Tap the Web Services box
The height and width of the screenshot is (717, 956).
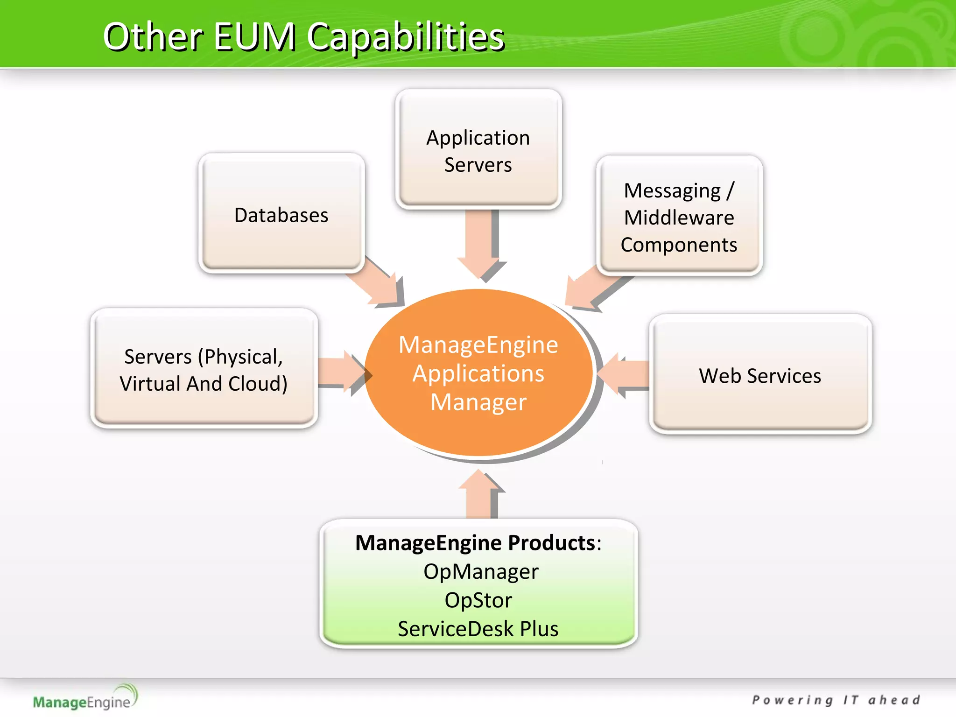tap(760, 375)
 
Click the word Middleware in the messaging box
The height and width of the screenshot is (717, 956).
tap(679, 218)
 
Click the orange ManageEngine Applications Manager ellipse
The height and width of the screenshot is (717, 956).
tap(478, 373)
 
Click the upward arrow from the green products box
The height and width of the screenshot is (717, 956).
tap(479, 495)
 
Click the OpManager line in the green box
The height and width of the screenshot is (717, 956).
tap(480, 571)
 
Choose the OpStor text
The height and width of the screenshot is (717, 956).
tap(478, 600)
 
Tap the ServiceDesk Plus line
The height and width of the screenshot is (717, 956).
tap(478, 628)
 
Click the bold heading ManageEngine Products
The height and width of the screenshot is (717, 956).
tap(475, 543)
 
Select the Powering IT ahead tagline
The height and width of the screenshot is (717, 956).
tap(836, 700)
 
